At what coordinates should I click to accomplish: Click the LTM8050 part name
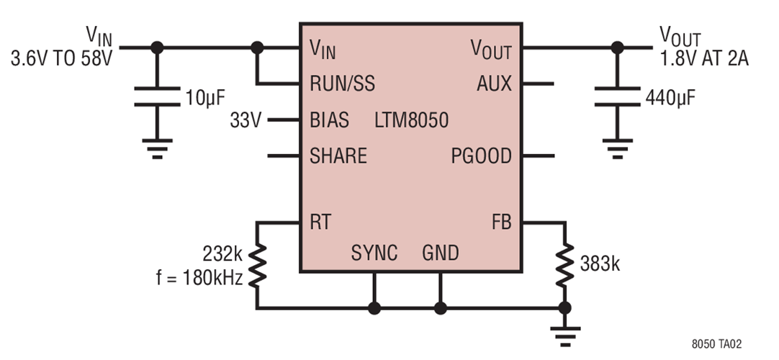411,120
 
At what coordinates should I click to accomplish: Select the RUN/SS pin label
341,84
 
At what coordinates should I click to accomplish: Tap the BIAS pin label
329,120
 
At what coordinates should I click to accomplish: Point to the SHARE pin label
338,156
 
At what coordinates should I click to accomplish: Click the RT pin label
320,222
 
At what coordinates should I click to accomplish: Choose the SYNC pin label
374,253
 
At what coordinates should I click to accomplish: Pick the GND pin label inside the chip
440,253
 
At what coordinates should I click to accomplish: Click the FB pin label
501,222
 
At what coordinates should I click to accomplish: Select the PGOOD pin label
482,156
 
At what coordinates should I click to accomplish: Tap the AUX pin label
494,84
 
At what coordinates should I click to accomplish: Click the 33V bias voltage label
246,120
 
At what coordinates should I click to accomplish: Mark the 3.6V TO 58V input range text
61,58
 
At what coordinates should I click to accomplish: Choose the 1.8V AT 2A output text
704,58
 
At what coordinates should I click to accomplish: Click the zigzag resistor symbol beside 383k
565,264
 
